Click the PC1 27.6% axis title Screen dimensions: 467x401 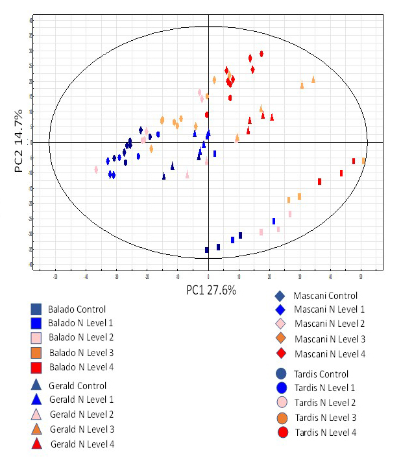click(x=211, y=290)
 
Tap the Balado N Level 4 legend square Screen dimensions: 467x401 click(x=36, y=367)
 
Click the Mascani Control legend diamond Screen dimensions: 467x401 click(x=280, y=296)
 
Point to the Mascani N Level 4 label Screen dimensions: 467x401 click(x=330, y=353)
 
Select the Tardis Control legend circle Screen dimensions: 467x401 click(x=281, y=374)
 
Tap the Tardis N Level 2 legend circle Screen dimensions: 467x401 click(x=281, y=403)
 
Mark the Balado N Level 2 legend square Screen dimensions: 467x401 click(x=36, y=338)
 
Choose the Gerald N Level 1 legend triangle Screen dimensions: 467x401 click(x=36, y=400)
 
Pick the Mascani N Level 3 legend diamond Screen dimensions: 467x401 click(x=280, y=339)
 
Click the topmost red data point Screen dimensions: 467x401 click(x=261, y=54)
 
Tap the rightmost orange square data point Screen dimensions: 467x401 click(x=364, y=160)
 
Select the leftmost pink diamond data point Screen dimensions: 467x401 click(x=96, y=170)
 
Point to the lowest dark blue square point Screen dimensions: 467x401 click(x=207, y=250)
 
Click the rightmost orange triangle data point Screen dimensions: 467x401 click(x=313, y=80)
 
